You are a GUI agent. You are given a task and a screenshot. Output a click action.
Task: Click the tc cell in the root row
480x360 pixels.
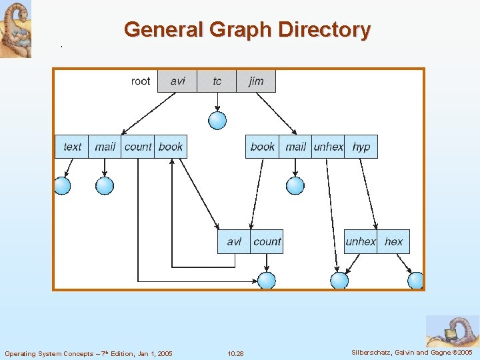(217, 81)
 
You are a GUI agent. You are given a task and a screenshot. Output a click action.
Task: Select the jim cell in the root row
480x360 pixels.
(256, 81)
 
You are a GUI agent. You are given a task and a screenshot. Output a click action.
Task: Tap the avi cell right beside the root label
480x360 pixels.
(177, 81)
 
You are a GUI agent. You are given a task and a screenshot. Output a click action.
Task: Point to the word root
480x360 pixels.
(141, 81)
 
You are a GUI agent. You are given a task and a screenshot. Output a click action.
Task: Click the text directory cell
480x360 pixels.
(72, 147)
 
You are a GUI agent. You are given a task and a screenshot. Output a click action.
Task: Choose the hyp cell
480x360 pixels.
(361, 147)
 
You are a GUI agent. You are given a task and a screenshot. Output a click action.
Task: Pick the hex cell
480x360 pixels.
(394, 241)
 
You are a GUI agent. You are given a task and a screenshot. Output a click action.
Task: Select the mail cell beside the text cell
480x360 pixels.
(105, 147)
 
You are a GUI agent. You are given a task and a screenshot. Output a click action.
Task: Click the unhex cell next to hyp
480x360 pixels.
(328, 147)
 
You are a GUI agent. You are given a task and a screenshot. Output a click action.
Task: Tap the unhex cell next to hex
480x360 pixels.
(361, 241)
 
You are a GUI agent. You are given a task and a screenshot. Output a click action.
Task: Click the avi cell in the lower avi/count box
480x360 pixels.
(234, 241)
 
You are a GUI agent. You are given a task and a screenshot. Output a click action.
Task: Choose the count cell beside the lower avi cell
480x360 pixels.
(267, 241)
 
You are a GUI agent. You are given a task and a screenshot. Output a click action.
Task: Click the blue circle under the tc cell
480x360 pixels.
(217, 121)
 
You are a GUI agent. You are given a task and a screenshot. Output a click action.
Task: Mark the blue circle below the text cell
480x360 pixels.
(62, 185)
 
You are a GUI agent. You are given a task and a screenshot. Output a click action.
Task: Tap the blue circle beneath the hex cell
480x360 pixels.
(416, 281)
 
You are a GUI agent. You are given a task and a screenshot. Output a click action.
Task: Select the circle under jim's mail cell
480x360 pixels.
(295, 185)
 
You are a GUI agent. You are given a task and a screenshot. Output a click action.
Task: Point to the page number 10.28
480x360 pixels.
(235, 353)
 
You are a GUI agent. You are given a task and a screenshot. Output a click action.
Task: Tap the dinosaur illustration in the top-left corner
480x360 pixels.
(15, 29)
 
